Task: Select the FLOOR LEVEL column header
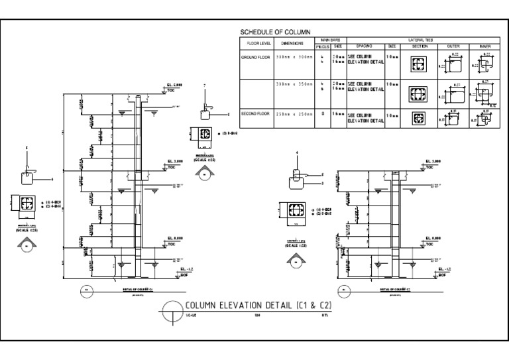254,46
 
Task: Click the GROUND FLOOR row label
255,58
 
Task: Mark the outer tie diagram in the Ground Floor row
453,65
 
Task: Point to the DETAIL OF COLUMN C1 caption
137,290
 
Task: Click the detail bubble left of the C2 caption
343,290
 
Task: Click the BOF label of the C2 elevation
442,274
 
